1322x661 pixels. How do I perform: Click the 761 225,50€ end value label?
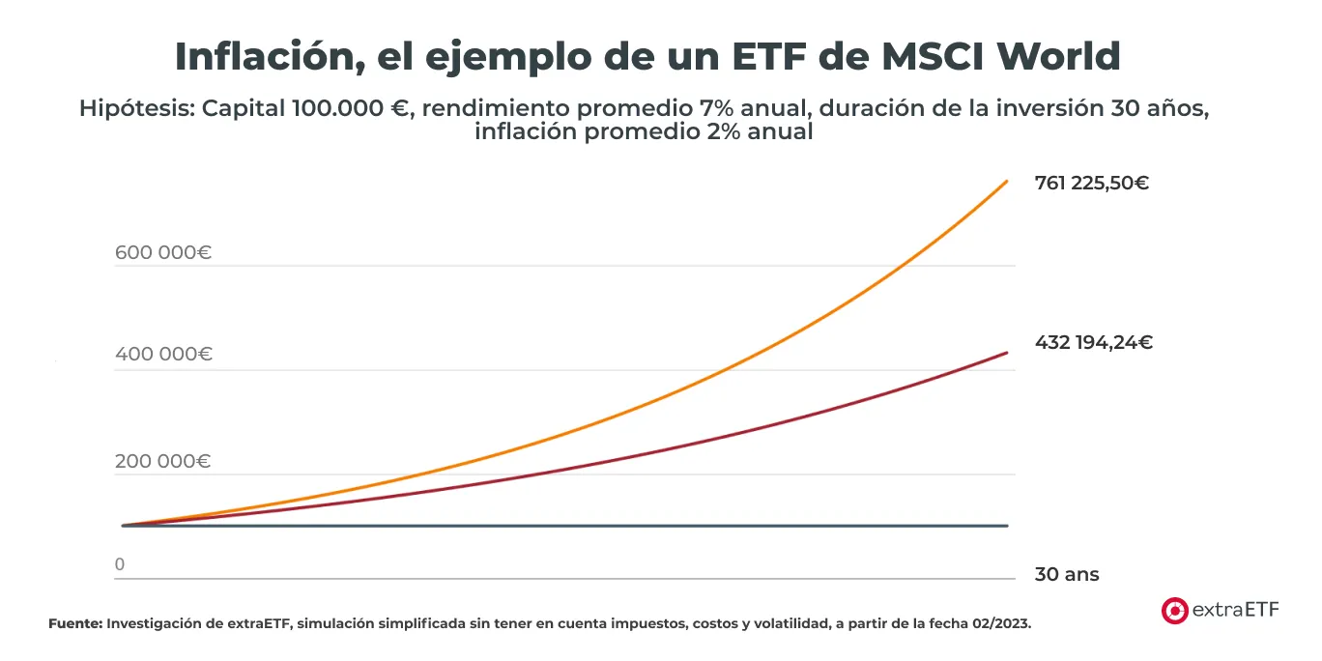click(x=1091, y=183)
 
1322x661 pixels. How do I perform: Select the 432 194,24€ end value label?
click(x=1093, y=342)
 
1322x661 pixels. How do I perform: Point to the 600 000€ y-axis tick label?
click(x=162, y=253)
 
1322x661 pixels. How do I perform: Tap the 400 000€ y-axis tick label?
click(x=162, y=355)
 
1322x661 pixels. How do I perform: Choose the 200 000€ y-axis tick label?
click(x=162, y=462)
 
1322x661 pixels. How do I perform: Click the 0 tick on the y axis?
click(x=120, y=564)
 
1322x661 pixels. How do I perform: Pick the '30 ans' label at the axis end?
click(x=1066, y=575)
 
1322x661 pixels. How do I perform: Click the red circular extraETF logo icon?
click(x=1174, y=610)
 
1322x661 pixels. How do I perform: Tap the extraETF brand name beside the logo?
click(x=1236, y=610)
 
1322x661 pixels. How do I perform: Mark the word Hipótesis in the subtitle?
click(x=134, y=108)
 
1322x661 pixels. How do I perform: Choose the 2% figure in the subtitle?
click(x=693, y=132)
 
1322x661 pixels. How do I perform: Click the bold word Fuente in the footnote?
click(x=74, y=624)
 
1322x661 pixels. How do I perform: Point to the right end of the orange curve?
click(x=1007, y=181)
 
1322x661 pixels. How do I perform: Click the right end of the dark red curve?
click(x=1007, y=353)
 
